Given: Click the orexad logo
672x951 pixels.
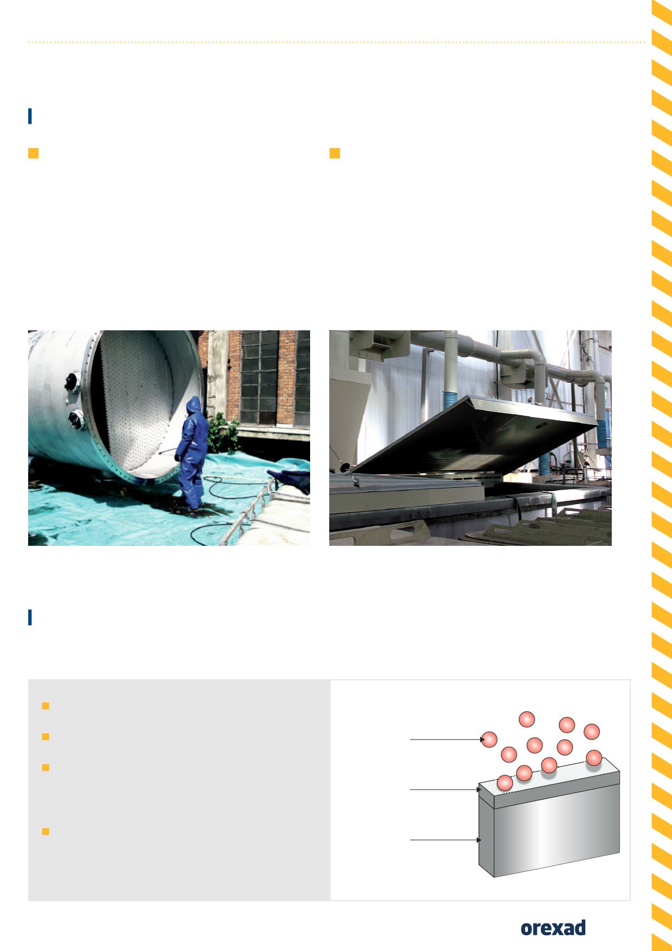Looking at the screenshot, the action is click(553, 928).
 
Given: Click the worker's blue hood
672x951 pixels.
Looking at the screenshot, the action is click(194, 405).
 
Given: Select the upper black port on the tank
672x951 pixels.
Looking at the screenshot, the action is click(73, 382).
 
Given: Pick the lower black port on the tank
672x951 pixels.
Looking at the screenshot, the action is click(77, 419).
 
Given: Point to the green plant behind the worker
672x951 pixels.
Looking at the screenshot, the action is click(223, 433).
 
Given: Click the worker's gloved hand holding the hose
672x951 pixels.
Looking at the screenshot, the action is click(177, 457).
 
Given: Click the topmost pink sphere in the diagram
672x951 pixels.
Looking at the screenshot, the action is click(527, 720).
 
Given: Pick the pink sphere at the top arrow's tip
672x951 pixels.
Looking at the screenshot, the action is click(489, 739).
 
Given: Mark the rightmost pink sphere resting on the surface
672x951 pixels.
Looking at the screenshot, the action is click(594, 758).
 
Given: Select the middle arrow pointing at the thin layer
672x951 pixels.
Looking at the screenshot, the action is click(445, 789).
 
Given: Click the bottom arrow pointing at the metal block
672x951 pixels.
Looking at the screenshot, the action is click(445, 840).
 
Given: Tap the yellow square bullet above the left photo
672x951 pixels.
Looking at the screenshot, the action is click(33, 153).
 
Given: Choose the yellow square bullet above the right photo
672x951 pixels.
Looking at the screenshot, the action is click(334, 153).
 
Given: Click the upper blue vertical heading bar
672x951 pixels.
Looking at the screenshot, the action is click(30, 116).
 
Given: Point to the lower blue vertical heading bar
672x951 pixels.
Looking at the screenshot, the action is click(30, 617).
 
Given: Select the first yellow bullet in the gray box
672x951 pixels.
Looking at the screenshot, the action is click(46, 706).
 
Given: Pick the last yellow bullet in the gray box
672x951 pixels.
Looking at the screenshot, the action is click(46, 831).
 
